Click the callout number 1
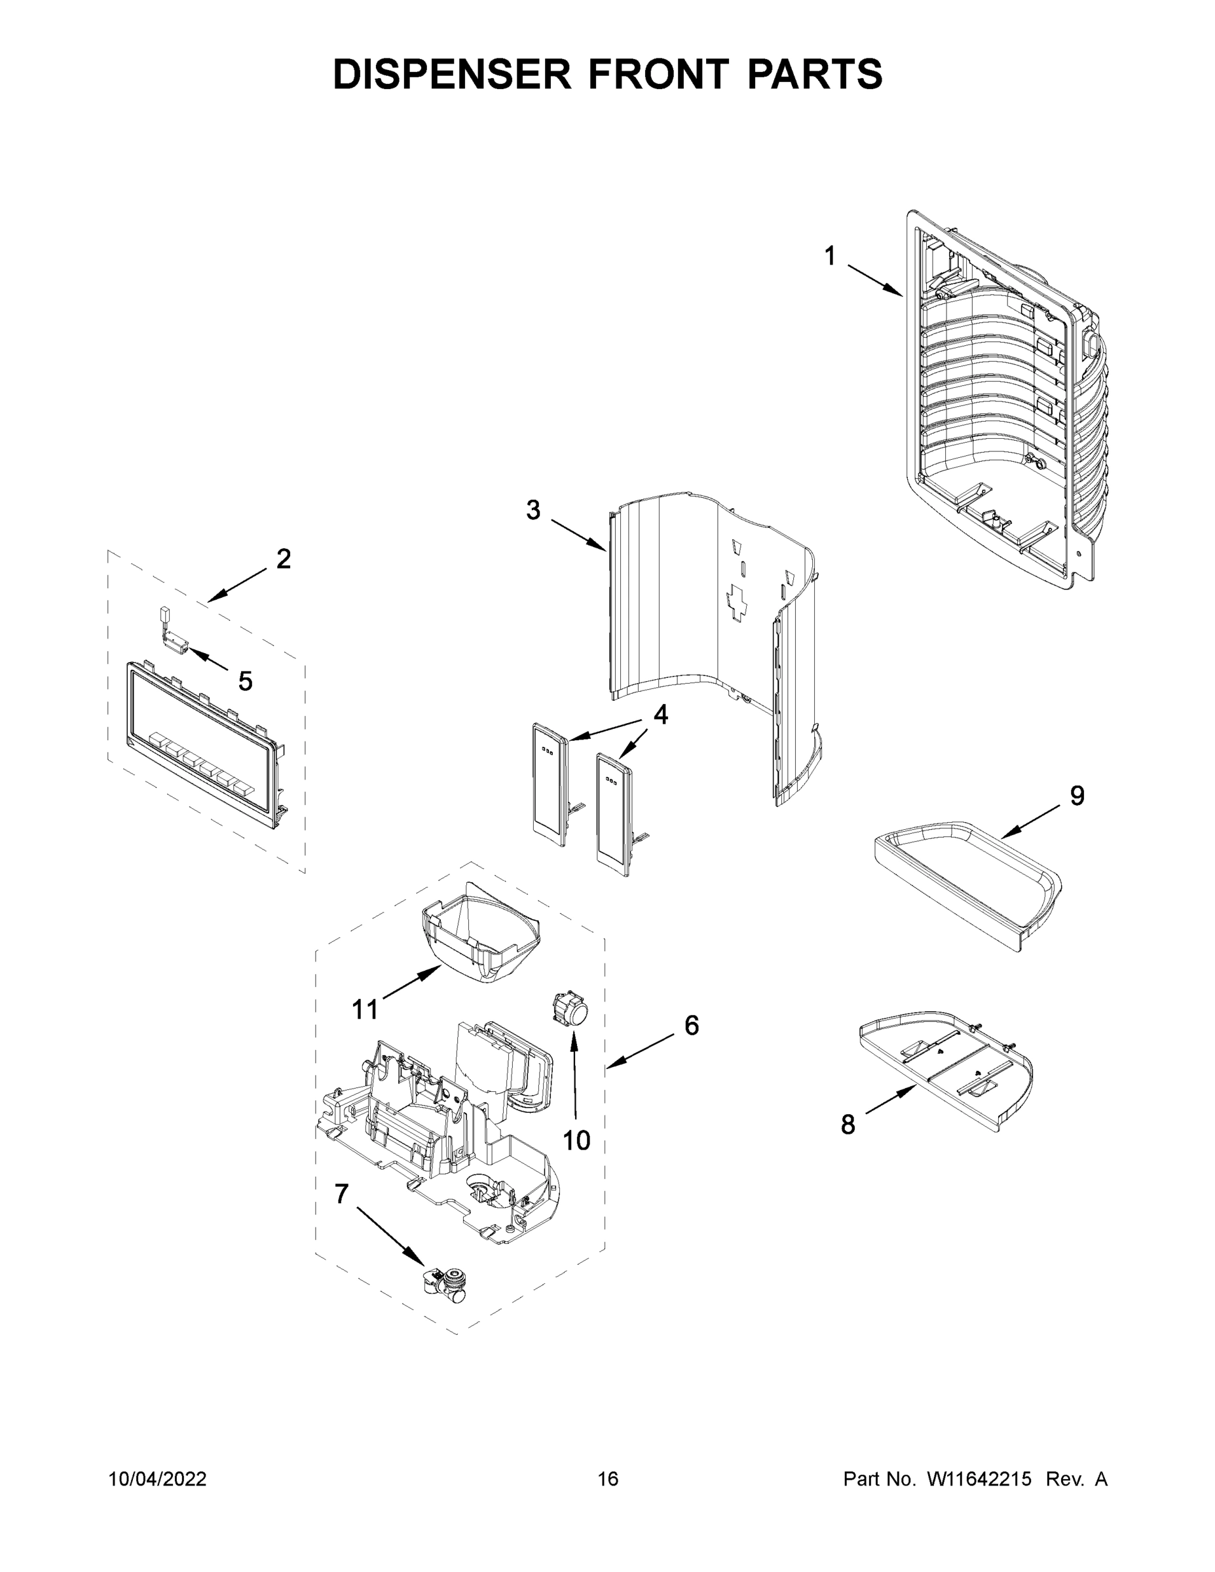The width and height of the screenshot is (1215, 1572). pos(830,255)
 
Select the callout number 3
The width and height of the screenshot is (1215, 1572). pos(533,510)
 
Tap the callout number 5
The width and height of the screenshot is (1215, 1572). pos(246,681)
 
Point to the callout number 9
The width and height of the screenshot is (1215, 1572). pos(1077,795)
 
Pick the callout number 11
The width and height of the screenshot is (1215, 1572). pos(365,1010)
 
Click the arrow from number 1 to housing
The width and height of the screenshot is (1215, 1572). pos(874,281)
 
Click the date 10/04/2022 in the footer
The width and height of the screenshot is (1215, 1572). pos(158,1479)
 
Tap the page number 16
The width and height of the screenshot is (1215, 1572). pos(608,1479)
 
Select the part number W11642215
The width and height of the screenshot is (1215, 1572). pos(978,1479)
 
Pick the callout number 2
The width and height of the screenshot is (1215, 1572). pos(284,559)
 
